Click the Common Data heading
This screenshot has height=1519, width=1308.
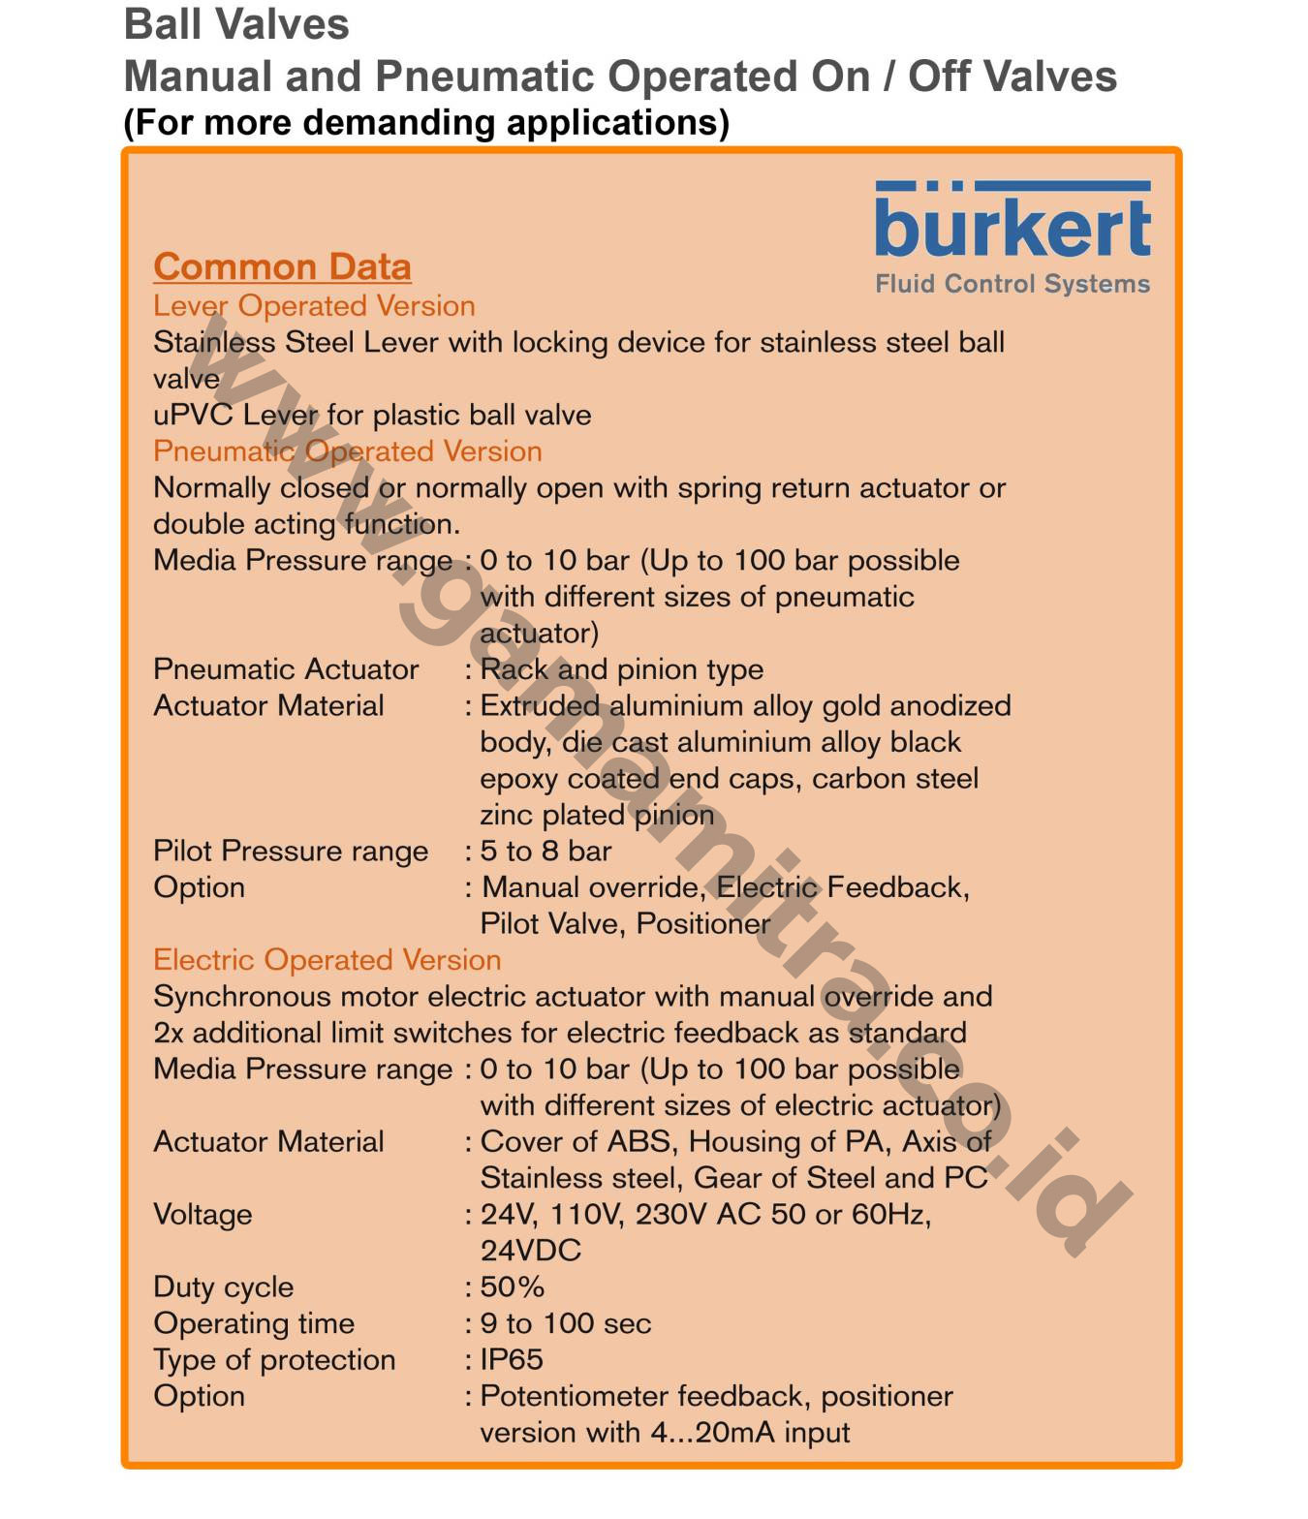click(282, 266)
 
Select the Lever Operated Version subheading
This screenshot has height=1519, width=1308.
click(314, 306)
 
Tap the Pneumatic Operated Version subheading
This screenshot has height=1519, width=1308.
click(347, 451)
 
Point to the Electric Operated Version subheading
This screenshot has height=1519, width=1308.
click(327, 960)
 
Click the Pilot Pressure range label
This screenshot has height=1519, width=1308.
click(290, 851)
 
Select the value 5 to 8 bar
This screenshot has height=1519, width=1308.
click(545, 851)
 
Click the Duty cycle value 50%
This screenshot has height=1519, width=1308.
click(512, 1286)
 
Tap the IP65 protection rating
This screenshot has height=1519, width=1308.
click(512, 1359)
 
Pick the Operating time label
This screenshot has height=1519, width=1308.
click(254, 1323)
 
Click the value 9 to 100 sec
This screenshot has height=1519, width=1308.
click(566, 1323)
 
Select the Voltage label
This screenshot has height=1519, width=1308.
click(202, 1214)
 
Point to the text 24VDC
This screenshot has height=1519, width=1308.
click(531, 1251)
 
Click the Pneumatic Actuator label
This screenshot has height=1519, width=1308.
click(286, 669)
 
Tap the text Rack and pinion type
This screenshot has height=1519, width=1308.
click(622, 669)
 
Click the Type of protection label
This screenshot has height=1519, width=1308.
click(274, 1359)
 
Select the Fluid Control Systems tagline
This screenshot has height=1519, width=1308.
click(1012, 284)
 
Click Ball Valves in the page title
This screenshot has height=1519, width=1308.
click(236, 24)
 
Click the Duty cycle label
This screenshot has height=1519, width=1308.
click(223, 1286)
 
